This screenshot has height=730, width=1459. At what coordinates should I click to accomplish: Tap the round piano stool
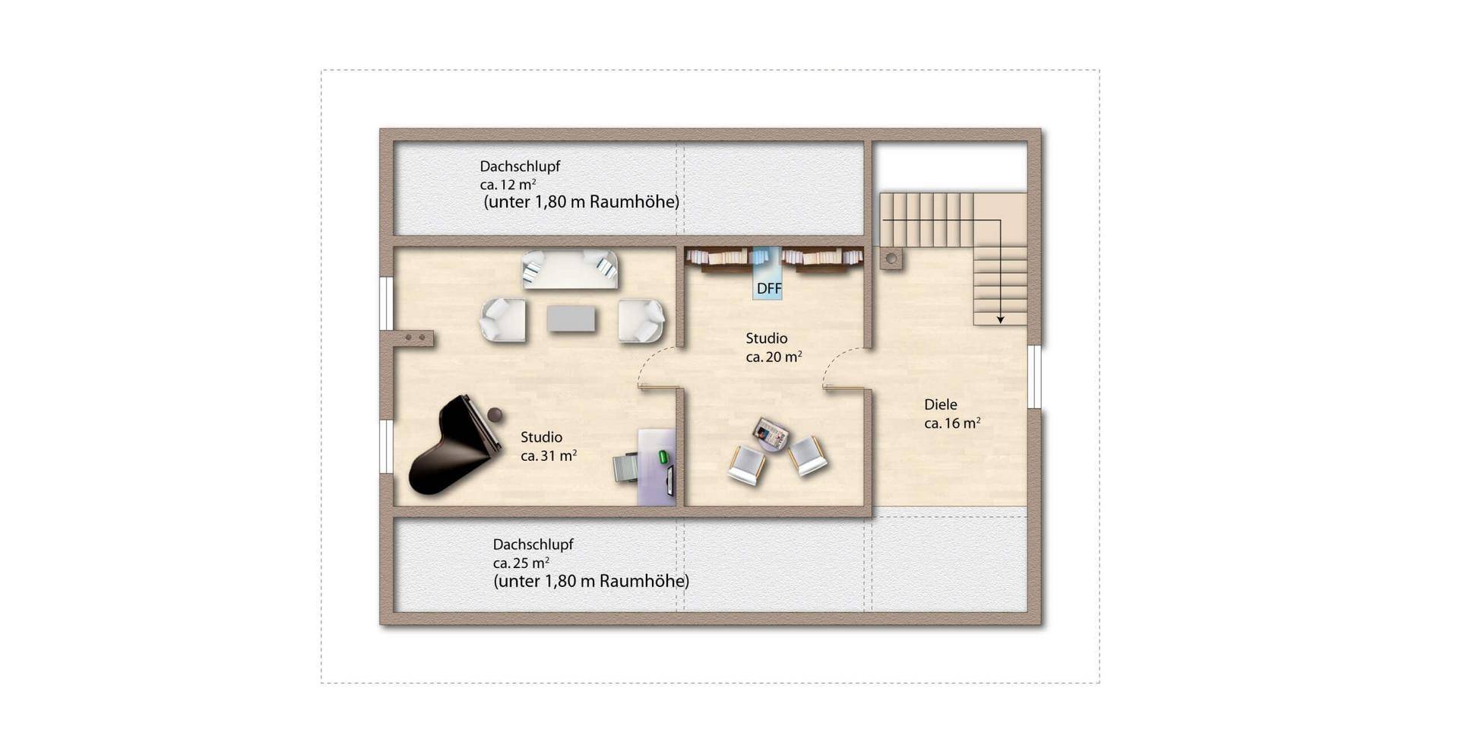click(x=495, y=414)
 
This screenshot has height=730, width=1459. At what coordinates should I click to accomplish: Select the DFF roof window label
click(x=769, y=289)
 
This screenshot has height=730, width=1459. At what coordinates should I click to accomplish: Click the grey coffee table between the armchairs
click(x=571, y=319)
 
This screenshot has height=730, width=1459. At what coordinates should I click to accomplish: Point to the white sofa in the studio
click(x=570, y=269)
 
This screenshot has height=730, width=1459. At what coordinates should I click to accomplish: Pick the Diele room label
click(x=941, y=405)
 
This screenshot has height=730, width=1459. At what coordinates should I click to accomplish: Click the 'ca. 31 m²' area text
click(x=549, y=455)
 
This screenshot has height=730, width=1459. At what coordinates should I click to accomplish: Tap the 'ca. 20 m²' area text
click(x=774, y=357)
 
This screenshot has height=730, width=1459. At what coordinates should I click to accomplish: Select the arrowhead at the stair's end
click(x=1001, y=320)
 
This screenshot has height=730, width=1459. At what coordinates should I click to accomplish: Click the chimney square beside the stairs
click(x=891, y=259)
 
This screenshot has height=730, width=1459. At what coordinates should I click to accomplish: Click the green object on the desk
click(x=663, y=456)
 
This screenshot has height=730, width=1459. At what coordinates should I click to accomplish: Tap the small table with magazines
click(x=771, y=434)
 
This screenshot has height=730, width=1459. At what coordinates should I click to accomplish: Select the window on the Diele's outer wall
click(x=1034, y=376)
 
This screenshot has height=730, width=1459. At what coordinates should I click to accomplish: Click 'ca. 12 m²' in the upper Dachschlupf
click(x=508, y=185)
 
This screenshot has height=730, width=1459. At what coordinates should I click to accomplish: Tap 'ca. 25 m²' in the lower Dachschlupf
click(x=521, y=563)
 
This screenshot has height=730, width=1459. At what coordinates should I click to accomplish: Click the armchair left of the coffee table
click(x=503, y=320)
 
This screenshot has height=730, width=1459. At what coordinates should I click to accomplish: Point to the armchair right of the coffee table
click(x=641, y=320)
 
